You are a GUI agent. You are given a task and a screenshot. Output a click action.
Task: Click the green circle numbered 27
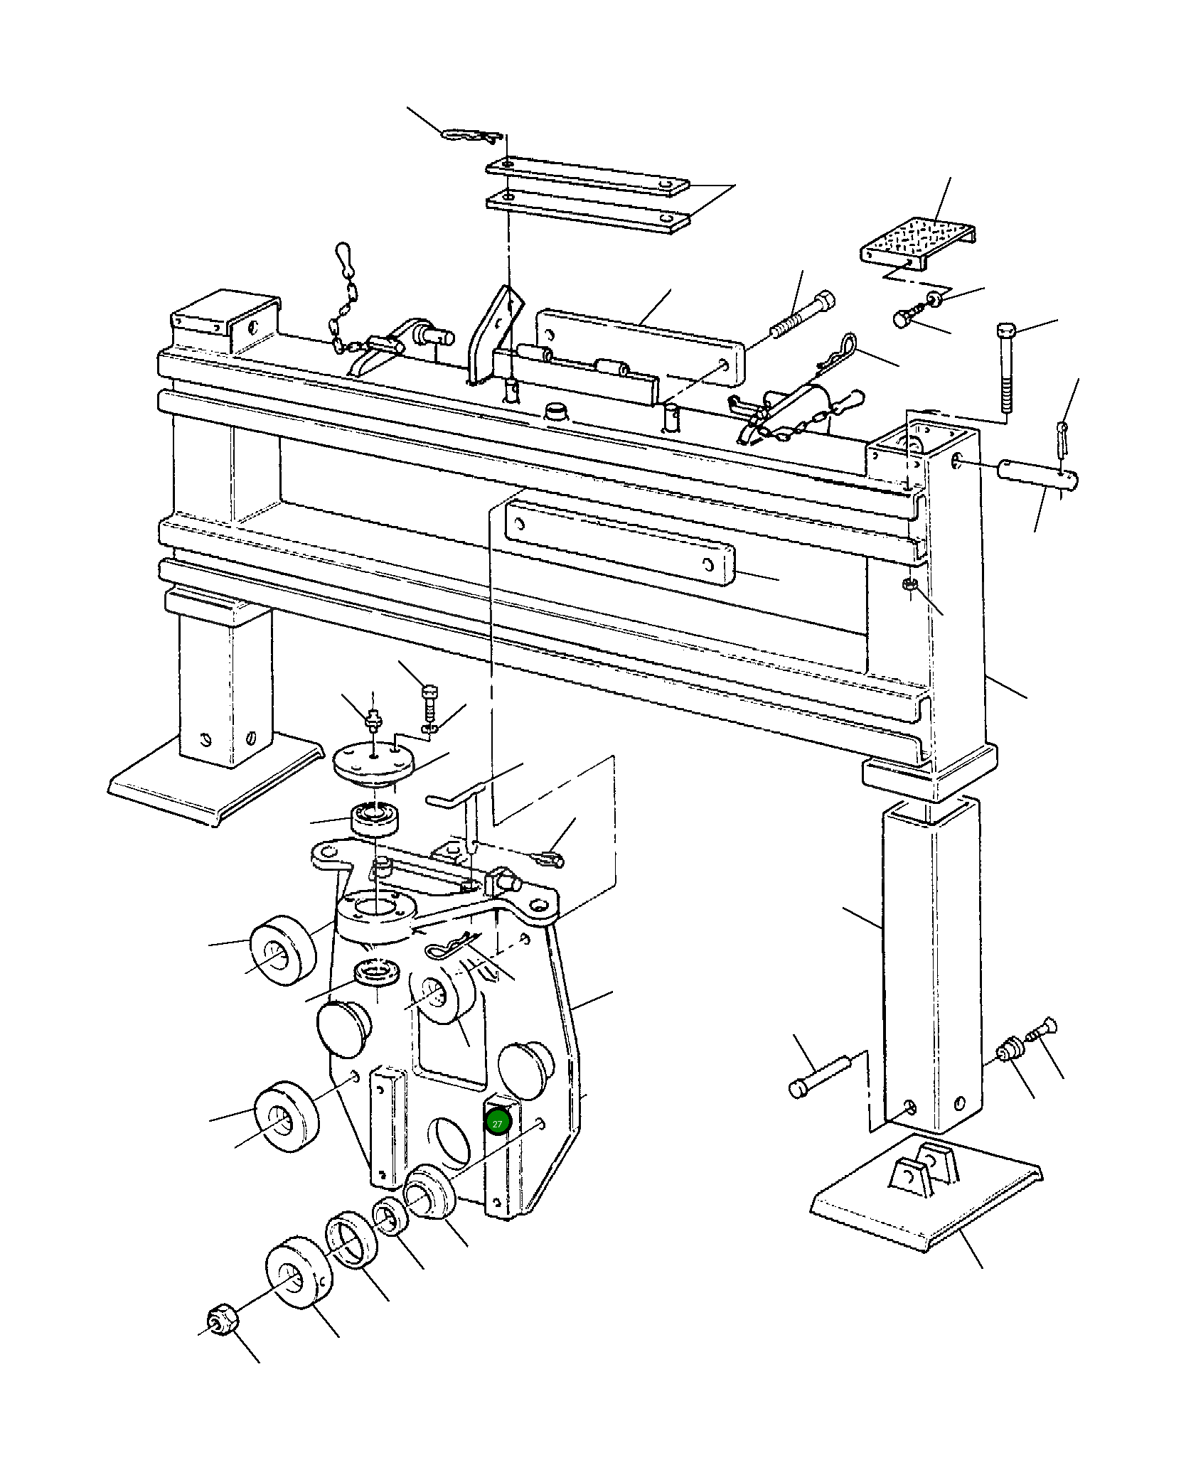pos(497,1123)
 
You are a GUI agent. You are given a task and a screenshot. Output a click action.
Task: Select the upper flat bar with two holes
pos(587,177)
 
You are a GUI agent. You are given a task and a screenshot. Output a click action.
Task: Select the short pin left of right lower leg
pos(816,1082)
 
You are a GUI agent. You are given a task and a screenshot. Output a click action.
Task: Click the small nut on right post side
pos(909,585)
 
